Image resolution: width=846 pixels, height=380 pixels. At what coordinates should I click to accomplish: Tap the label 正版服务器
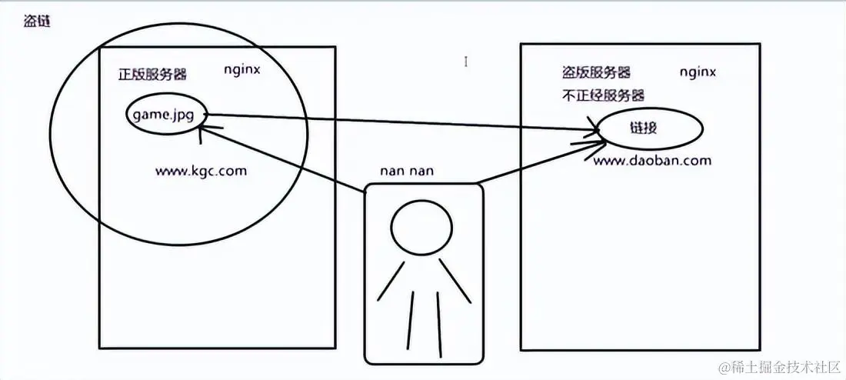coord(152,75)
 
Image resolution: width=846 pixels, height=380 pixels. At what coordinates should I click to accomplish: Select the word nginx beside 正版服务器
coord(242,70)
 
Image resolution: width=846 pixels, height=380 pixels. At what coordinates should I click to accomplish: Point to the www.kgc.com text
coord(201,170)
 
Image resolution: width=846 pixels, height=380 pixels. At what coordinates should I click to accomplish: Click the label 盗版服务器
coord(597,72)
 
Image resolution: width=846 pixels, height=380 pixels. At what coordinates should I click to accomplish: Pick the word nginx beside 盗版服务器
coord(698,72)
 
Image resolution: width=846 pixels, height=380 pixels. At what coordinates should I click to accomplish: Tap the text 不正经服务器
coord(603,95)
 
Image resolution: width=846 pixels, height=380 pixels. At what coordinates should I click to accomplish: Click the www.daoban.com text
coord(652,161)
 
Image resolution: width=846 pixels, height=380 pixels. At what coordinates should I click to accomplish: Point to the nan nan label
coord(407,170)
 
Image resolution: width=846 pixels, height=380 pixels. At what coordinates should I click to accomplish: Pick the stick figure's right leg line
coord(438,320)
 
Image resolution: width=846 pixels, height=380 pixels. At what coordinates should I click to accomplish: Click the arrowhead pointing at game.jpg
coord(202,132)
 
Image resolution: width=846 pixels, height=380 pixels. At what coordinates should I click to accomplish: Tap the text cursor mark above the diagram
coord(466,61)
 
